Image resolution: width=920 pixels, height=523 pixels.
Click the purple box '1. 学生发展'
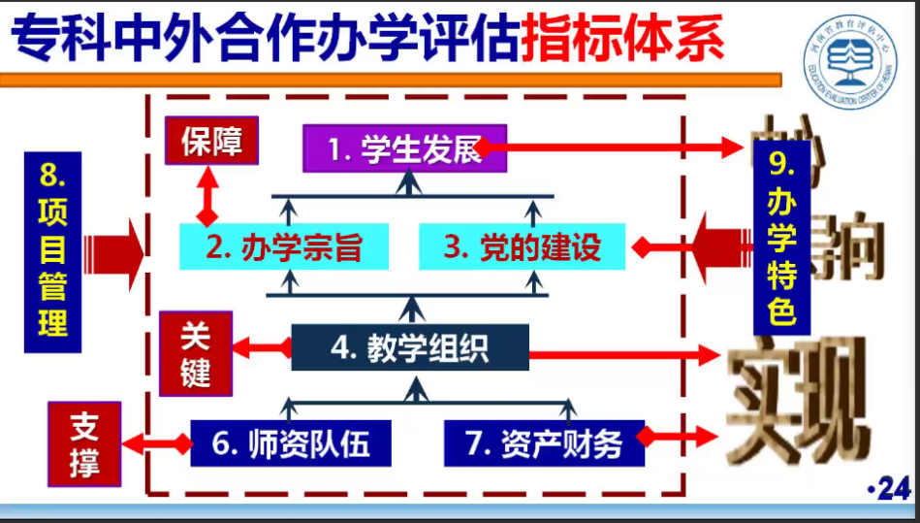click(403, 149)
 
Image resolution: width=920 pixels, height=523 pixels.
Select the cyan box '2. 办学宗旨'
click(284, 247)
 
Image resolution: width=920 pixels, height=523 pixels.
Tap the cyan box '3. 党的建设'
click(523, 247)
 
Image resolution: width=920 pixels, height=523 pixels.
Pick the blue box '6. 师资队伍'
click(291, 443)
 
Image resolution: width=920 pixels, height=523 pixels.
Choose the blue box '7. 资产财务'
click(544, 443)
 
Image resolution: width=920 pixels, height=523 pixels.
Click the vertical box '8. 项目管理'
click(52, 255)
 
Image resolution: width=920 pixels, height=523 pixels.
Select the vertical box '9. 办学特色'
click(781, 234)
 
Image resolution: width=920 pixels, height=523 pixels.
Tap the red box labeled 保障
click(210, 143)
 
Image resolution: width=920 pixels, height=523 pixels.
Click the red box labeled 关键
click(196, 353)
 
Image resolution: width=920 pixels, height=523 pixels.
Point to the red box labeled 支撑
click(85, 444)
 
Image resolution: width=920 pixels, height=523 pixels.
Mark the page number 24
click(893, 490)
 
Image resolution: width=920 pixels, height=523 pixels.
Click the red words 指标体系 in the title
click(621, 39)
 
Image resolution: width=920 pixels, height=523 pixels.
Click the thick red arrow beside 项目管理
click(114, 253)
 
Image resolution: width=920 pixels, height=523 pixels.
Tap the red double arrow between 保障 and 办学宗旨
click(206, 198)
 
